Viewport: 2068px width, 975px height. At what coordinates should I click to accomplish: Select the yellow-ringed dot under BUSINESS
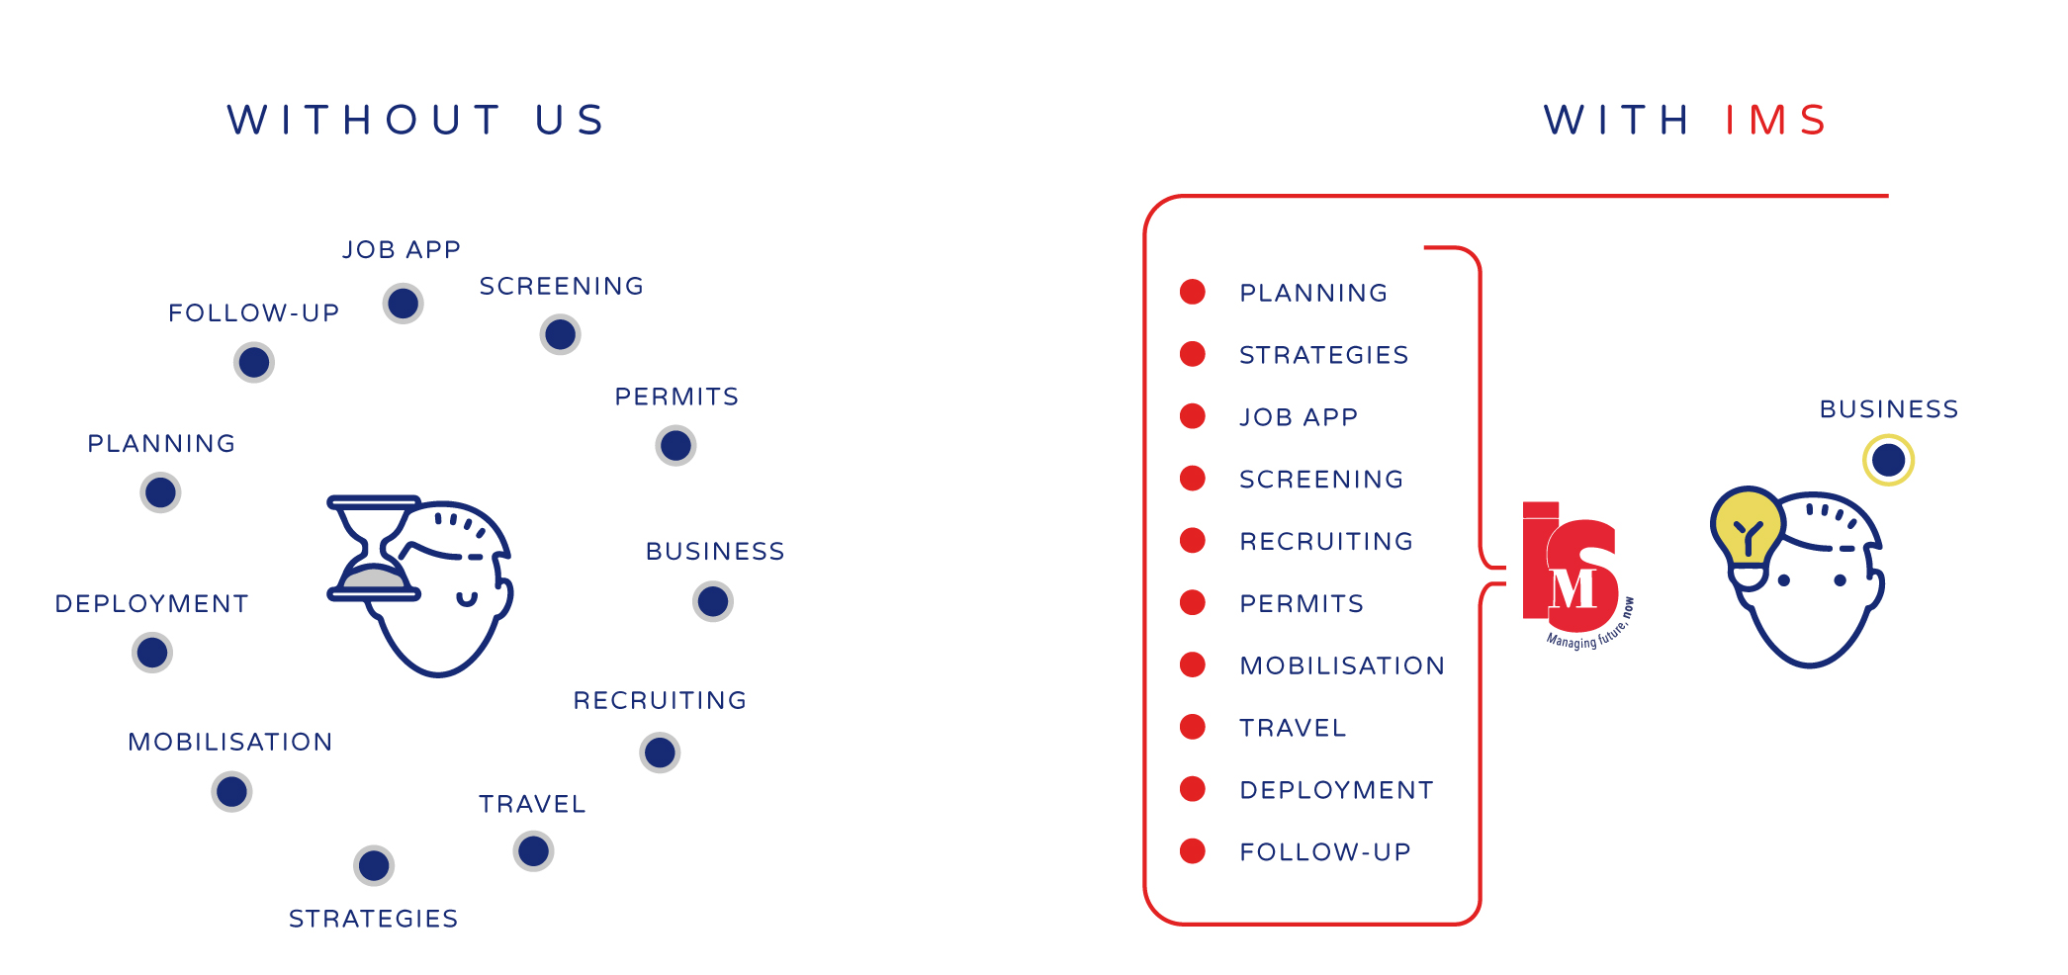coord(1888,460)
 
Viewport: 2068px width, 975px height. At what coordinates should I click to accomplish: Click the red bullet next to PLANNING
coord(1193,292)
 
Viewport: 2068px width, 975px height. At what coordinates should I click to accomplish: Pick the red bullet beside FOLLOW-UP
coord(1193,850)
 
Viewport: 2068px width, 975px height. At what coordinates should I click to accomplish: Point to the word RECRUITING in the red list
coord(1326,541)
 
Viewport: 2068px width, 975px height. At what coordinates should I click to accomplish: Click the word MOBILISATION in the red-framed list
coord(1342,665)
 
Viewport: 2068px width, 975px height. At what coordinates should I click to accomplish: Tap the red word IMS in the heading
coord(1776,121)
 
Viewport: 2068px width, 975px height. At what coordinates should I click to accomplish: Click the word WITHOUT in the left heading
coord(364,121)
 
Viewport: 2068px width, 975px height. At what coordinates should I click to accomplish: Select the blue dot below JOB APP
coord(404,304)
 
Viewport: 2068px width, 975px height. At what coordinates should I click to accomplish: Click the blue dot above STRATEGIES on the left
coord(374,866)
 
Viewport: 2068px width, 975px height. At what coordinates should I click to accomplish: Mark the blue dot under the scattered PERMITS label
coord(675,446)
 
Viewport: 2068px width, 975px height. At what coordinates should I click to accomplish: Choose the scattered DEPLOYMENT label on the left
coord(151,604)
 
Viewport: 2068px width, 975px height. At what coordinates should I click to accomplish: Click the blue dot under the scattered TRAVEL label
coord(533,851)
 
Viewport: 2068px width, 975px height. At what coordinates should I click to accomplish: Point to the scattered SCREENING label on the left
coord(562,287)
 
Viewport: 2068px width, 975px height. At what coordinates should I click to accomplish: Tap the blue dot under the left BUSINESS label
coord(713,601)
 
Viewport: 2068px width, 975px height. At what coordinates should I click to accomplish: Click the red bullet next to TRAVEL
coord(1193,727)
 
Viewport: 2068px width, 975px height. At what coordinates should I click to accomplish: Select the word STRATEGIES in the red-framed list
coord(1323,355)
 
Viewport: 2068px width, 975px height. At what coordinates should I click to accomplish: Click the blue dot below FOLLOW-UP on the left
coord(254,362)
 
